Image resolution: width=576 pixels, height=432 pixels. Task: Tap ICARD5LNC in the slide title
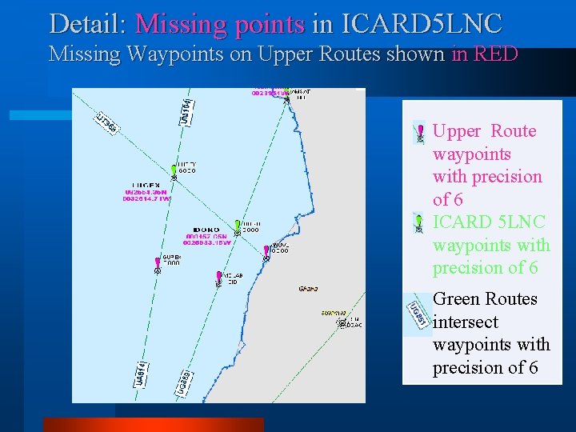(x=419, y=22)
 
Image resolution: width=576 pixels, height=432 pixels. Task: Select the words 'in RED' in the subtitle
(x=485, y=54)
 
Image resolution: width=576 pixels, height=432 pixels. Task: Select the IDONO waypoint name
(x=207, y=229)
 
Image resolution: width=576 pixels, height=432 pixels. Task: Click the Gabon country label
(x=308, y=288)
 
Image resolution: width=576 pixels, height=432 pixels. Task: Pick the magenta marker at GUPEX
(x=158, y=263)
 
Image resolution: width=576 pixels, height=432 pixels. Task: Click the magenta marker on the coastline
(x=266, y=252)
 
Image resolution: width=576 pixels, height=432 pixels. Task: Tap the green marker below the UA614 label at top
(x=174, y=170)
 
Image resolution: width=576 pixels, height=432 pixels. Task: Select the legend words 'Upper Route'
(x=484, y=131)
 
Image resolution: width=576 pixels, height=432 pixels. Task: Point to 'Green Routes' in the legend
(x=485, y=299)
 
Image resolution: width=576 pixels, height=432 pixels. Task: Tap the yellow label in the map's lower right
(x=334, y=313)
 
